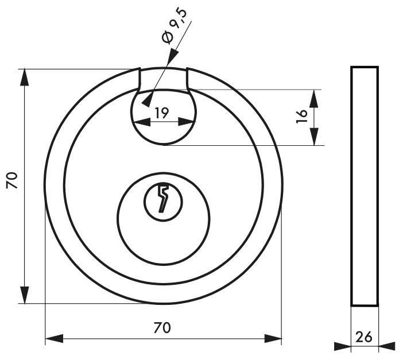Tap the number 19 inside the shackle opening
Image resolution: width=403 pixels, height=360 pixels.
click(x=162, y=113)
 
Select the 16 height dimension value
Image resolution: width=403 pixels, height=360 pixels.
click(x=302, y=117)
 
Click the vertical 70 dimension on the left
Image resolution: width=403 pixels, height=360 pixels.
click(x=12, y=180)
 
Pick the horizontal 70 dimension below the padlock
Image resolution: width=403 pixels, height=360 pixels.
click(x=162, y=328)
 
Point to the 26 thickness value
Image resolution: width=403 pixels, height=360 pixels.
click(x=364, y=337)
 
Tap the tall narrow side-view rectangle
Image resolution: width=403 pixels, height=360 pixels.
click(x=365, y=186)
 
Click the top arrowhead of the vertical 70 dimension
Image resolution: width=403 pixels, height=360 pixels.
click(x=25, y=77)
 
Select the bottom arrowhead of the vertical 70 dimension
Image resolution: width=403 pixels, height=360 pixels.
click(x=25, y=295)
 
